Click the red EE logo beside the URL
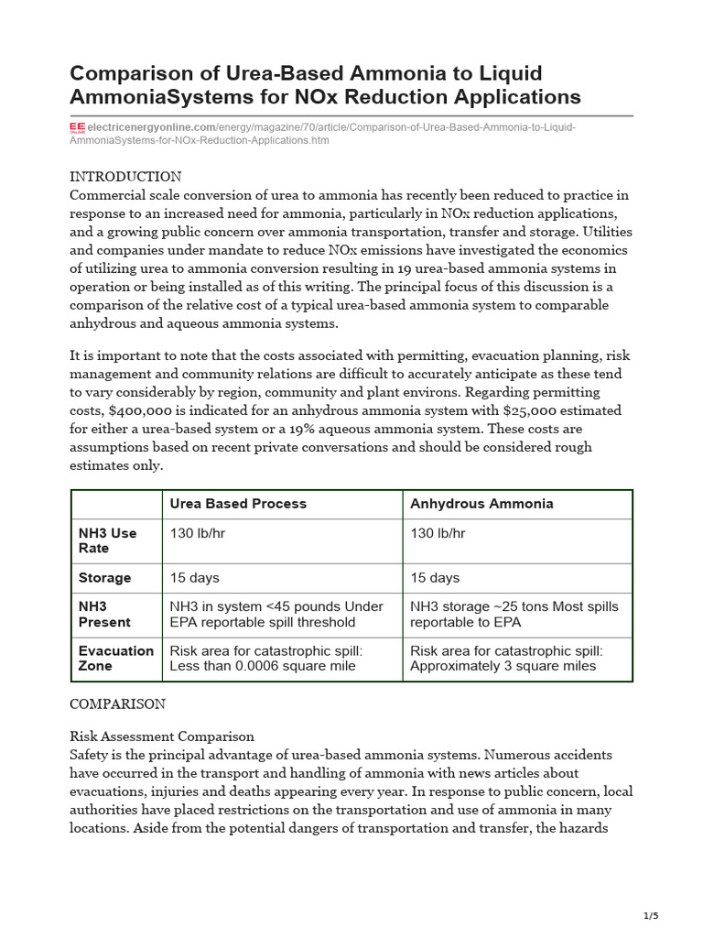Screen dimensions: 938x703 click(x=78, y=127)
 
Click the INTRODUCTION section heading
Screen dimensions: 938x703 click(x=125, y=177)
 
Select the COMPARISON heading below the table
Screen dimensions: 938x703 click(x=118, y=704)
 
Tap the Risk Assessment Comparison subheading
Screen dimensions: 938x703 click(x=162, y=736)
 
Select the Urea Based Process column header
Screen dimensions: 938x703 click(x=238, y=504)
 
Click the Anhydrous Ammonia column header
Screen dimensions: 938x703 click(x=481, y=504)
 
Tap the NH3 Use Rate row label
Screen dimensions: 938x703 click(x=107, y=540)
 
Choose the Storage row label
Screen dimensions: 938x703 click(x=104, y=578)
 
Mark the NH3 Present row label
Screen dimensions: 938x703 click(x=104, y=615)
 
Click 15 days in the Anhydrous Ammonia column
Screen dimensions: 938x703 click(x=435, y=578)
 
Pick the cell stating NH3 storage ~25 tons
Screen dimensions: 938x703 click(x=514, y=615)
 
